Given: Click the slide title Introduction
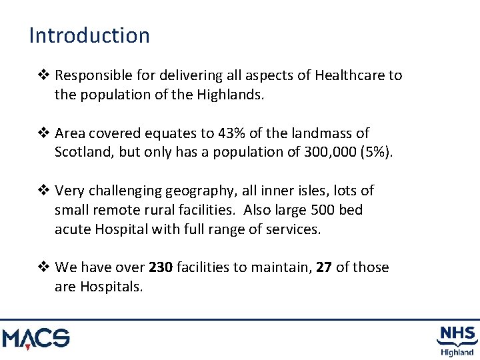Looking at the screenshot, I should pos(89,35).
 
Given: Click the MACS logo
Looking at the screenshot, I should pos(36,338).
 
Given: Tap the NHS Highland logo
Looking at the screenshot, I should pos(457,340).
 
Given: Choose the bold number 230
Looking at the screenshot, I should pos(161,267).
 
